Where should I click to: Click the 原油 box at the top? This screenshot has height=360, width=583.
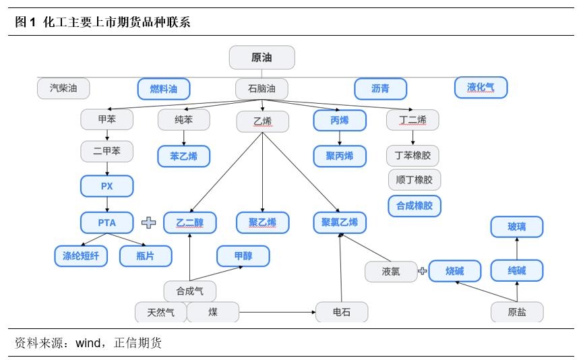262,57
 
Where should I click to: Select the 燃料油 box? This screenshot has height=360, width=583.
164,89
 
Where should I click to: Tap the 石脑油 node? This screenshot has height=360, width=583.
262,89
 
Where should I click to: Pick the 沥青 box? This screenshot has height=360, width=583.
381,89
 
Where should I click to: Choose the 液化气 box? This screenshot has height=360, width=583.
481,87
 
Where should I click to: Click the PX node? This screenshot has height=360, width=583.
107,186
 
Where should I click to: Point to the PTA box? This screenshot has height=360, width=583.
107,222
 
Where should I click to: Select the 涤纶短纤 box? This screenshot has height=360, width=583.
81,256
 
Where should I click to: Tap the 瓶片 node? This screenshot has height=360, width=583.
146,256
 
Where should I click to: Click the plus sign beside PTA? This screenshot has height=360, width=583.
148,222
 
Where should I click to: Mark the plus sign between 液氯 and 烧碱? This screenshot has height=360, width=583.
423,271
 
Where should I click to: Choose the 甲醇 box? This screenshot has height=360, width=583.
243,256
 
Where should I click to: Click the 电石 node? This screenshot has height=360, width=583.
342,312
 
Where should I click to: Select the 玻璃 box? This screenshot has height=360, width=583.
516,227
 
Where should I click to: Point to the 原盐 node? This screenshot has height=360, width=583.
516,312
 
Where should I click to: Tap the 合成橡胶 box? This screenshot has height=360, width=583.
414,206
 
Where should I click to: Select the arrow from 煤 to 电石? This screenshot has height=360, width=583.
277,312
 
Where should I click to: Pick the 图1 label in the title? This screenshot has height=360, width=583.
25,22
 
